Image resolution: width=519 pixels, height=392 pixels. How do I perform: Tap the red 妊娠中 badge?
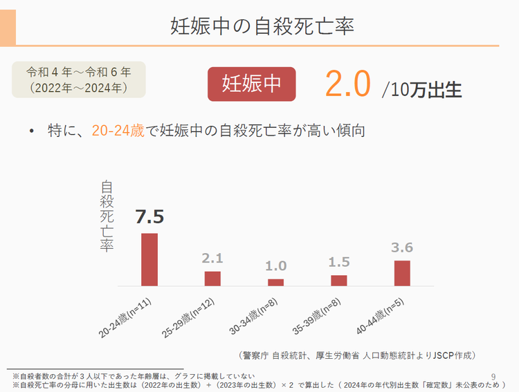point(252,84)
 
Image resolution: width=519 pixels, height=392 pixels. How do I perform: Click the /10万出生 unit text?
point(421,90)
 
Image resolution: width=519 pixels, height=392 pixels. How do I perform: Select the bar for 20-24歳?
point(149,259)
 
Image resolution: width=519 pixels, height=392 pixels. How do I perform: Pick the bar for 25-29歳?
point(212,278)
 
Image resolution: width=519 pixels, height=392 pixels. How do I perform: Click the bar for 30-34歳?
point(275,282)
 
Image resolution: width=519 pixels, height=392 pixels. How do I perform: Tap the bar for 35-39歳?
point(339,280)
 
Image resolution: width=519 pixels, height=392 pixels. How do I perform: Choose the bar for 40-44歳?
point(402,272)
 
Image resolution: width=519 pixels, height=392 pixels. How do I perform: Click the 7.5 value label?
point(149,217)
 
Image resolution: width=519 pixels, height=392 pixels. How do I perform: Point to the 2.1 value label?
point(212,259)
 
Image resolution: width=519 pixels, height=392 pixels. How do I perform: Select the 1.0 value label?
point(275,266)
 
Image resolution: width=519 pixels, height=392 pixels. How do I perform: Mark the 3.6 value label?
point(402,248)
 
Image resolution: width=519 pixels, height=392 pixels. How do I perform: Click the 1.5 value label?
point(339,263)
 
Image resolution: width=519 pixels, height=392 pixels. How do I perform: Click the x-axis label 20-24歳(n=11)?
point(126,319)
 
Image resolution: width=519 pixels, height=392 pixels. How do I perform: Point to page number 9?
point(493,376)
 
